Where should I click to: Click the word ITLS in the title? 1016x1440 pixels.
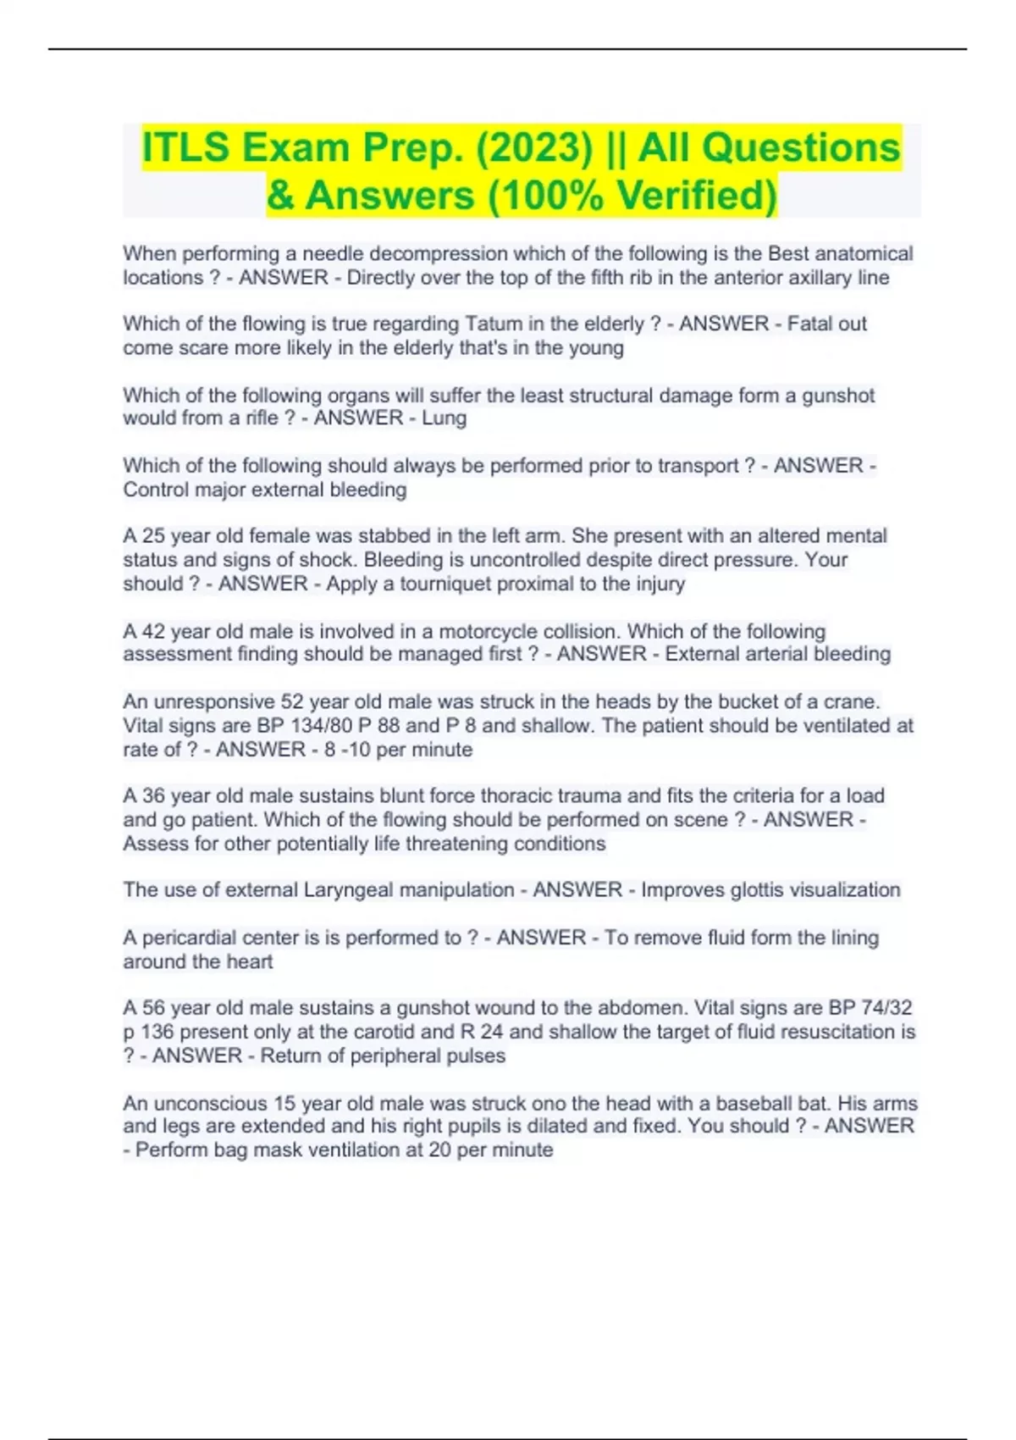click(x=185, y=147)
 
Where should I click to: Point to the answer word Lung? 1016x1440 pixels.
click(x=444, y=418)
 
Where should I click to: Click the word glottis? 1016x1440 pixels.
click(x=731, y=890)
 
